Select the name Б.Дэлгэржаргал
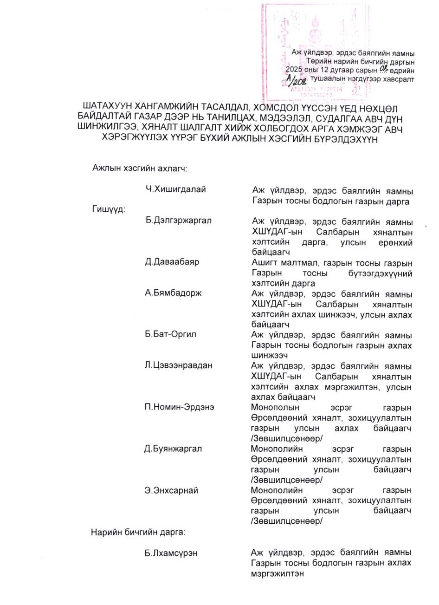coord(178,221)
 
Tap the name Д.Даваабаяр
coord(172,262)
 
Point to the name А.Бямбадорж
coord(174,293)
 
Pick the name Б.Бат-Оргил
coord(170,334)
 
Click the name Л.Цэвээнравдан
coord(179,365)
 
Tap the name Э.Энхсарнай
coord(172,490)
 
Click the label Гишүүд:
coord(108,210)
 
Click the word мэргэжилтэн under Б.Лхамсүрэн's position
coord(277,573)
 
